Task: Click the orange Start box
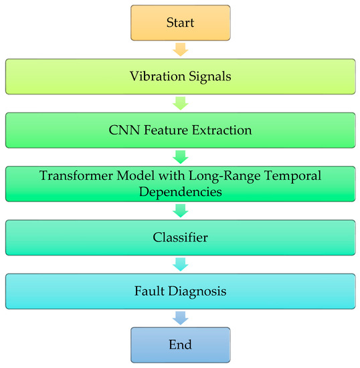180,23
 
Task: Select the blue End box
180,345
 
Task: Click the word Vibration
155,76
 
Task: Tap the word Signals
207,76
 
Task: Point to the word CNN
121,130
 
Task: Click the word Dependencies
180,191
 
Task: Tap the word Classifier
180,237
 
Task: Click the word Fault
148,291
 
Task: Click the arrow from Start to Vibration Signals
180,50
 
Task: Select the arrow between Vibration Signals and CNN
180,103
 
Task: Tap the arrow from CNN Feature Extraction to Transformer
180,157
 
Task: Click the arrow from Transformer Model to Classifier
180,211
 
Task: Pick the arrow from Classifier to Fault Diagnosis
180,264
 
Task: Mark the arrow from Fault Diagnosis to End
180,318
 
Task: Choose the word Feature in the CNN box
165,130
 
